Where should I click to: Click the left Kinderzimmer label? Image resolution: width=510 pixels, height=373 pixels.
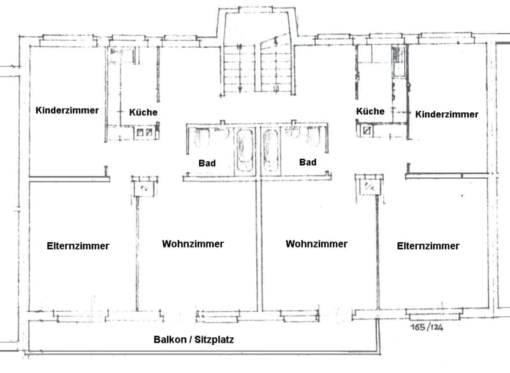click(x=67, y=110)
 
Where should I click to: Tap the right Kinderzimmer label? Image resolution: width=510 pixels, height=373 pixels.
click(x=447, y=114)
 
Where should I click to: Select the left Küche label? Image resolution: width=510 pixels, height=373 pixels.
click(x=143, y=112)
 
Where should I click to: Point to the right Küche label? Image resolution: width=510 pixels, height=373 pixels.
click(x=370, y=111)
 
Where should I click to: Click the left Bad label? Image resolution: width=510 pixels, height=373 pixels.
click(x=207, y=163)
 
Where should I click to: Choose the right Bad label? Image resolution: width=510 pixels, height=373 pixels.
click(x=308, y=162)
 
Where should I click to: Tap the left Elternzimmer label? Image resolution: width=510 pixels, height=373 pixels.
click(x=78, y=246)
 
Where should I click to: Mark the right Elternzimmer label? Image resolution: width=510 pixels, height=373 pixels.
click(x=428, y=246)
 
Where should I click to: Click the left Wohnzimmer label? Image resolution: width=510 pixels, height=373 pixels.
click(x=193, y=244)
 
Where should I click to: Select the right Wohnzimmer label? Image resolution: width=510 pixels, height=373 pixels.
click(x=316, y=244)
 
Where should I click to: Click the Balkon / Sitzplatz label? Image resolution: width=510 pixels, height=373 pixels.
click(x=194, y=340)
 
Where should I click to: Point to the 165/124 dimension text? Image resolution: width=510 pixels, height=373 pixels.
click(x=426, y=327)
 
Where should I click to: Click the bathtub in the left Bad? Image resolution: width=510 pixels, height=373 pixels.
click(x=245, y=150)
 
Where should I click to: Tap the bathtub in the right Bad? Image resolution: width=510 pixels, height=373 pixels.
click(x=271, y=150)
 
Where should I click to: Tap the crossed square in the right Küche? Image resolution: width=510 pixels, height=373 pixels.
click(x=368, y=131)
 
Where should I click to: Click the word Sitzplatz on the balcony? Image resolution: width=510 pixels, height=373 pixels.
click(x=214, y=340)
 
